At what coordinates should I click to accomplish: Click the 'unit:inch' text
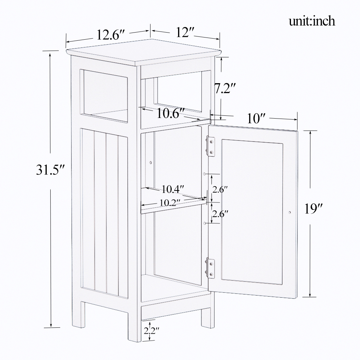[x=312, y=21]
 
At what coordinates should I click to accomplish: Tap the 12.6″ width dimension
[x=110, y=35]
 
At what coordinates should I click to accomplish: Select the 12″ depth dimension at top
[x=185, y=32]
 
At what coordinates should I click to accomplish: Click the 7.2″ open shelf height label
[x=225, y=88]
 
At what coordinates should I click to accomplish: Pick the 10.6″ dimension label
[x=170, y=113]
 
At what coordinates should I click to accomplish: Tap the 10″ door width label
[x=256, y=119]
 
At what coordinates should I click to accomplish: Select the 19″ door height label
[x=313, y=209]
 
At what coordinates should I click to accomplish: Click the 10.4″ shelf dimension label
[x=173, y=189]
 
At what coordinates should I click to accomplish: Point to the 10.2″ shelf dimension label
[x=170, y=202]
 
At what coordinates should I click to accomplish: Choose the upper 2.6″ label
[x=220, y=190]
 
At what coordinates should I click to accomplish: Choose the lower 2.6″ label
[x=220, y=214]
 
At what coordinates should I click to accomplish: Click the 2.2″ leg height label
[x=152, y=331]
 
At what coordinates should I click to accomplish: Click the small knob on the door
[x=290, y=212]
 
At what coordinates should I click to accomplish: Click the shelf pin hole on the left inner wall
[x=150, y=162]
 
